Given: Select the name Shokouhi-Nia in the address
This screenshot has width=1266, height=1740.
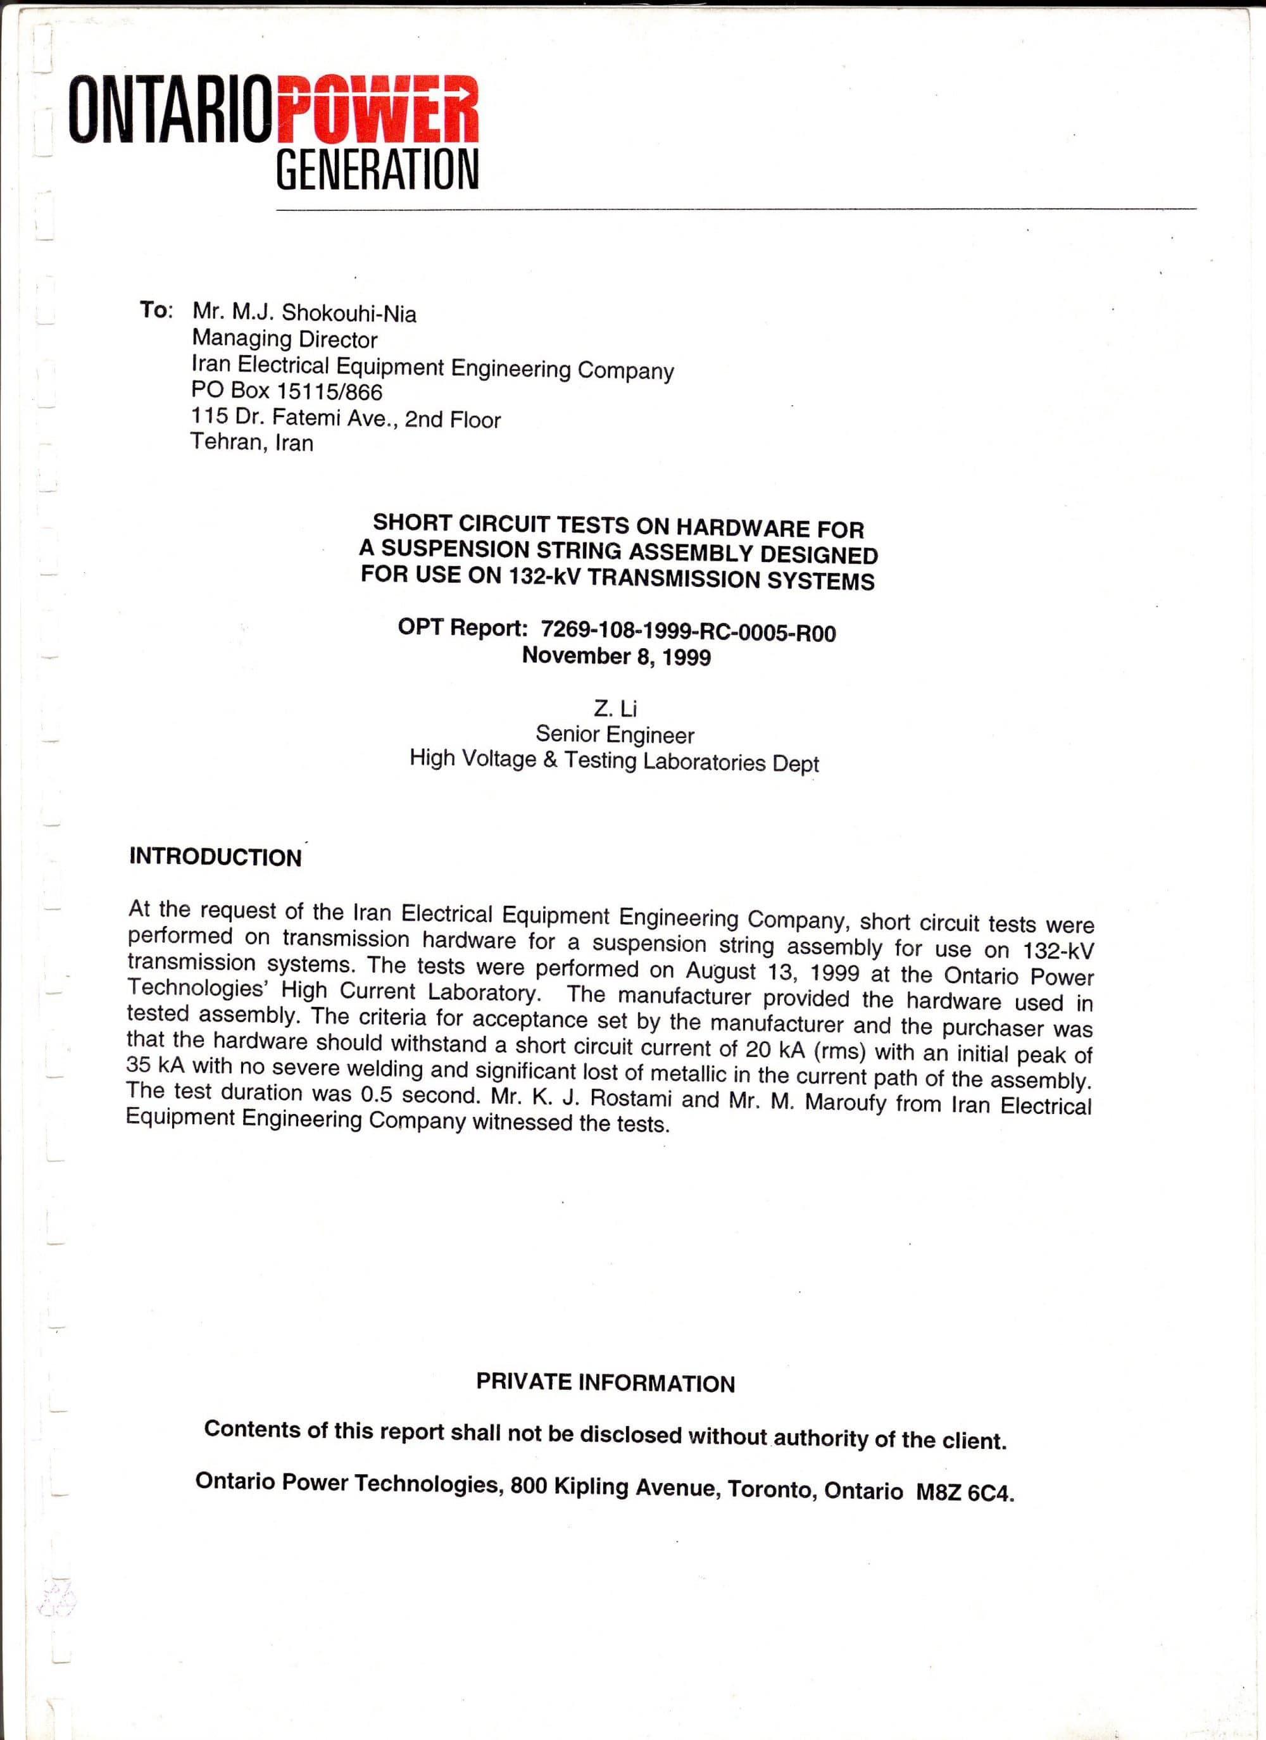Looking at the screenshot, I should point(349,314).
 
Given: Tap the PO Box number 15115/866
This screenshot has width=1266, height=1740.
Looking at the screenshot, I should point(329,392).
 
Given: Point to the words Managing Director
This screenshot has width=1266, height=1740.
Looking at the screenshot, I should point(285,339).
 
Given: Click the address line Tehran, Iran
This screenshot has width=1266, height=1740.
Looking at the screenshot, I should point(252,442).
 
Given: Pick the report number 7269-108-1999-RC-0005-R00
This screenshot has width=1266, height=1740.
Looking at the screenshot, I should point(688,632).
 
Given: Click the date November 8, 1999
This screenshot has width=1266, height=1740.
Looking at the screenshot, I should point(616,657).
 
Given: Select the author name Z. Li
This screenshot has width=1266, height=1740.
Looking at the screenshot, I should point(615,708).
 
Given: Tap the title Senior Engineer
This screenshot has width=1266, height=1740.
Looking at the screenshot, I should point(615,735).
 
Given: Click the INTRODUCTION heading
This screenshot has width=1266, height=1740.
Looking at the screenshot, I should point(216,857).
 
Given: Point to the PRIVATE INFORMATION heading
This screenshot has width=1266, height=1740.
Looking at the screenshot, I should point(605,1382).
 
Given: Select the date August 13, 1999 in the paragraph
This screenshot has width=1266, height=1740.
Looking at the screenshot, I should point(772,971).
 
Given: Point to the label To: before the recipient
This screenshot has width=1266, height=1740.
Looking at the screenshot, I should point(156,311).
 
